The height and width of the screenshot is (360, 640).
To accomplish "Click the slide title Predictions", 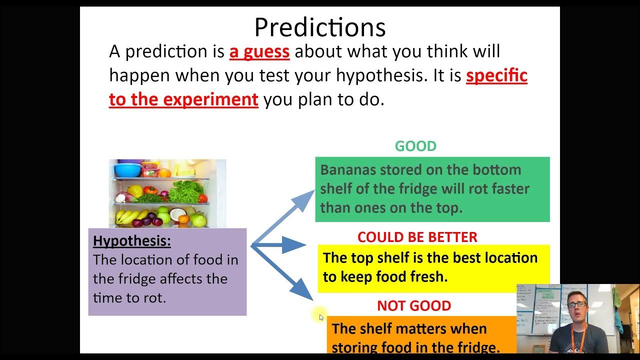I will point(320,27).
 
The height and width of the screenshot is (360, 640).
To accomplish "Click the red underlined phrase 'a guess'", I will point(259,51).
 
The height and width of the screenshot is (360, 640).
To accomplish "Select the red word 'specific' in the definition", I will point(496,75).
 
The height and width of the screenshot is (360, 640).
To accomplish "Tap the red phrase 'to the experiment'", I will point(183,99).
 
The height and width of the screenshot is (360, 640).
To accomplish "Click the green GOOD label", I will point(415,146).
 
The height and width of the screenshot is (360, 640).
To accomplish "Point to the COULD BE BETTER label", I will point(417,237).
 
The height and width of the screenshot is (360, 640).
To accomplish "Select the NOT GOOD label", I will point(414,305).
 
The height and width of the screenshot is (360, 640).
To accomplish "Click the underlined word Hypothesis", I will point(132,241).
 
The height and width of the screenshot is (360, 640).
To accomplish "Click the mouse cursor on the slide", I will point(321,317).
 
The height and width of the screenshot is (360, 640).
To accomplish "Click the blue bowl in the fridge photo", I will point(127,170).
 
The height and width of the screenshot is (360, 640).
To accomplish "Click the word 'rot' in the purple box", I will point(156,298).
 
